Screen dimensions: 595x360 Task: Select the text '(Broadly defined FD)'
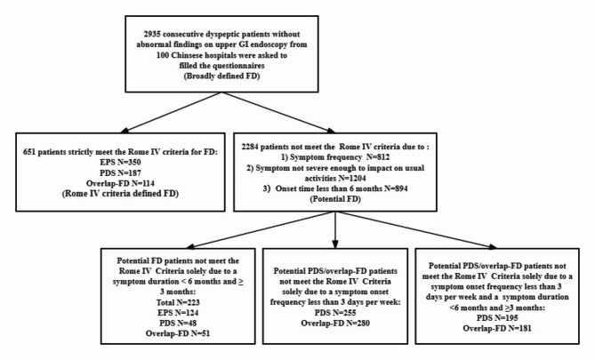[x=221, y=76]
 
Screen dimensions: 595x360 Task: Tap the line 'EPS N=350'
[x=120, y=163]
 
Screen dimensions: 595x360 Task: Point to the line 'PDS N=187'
[x=120, y=173]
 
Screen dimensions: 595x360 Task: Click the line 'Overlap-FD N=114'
[x=120, y=184]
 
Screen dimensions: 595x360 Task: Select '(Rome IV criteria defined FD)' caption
[x=120, y=194]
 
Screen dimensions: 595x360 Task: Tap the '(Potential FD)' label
[x=335, y=198]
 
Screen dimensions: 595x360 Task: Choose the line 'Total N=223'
[x=178, y=303]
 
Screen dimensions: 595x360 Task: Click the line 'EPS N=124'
[x=178, y=313]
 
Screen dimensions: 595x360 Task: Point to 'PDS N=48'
[x=178, y=324]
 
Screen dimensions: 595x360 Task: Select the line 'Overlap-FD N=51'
[x=178, y=333]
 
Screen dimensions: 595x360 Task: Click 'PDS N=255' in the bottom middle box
[x=335, y=313]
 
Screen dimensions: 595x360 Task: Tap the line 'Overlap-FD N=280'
[x=335, y=324]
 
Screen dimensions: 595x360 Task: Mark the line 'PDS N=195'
[x=497, y=318]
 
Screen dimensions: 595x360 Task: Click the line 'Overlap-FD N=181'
[x=497, y=328]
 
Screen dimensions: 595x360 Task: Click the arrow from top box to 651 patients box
[x=172, y=113]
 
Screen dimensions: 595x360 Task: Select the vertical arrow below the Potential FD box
[x=335, y=230]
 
